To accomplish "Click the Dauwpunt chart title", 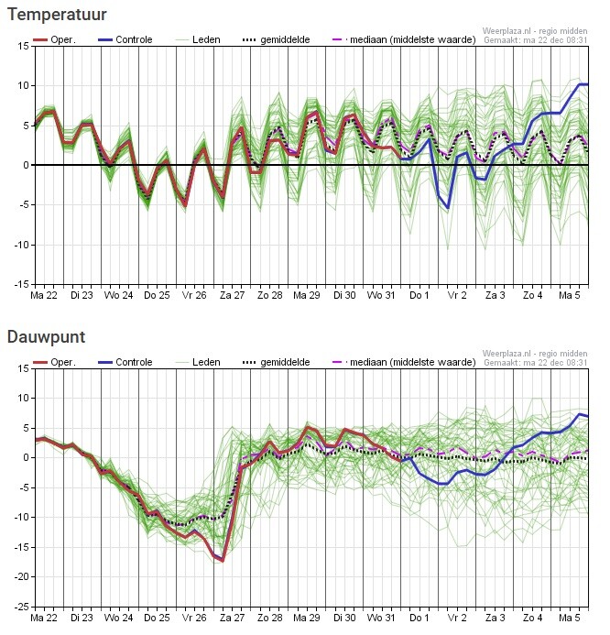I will pyautogui.click(x=47, y=337).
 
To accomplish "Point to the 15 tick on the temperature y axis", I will pyautogui.click(x=20, y=46).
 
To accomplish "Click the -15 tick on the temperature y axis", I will pyautogui.click(x=17, y=284).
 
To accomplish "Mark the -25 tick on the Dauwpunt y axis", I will pyautogui.click(x=17, y=607).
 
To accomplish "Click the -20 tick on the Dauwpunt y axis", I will pyautogui.click(x=17, y=576).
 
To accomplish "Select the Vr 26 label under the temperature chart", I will pyautogui.click(x=195, y=296).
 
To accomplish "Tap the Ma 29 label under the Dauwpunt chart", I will pyautogui.click(x=307, y=619).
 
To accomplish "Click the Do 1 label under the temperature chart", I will pyautogui.click(x=419, y=296).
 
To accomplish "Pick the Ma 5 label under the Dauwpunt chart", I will pyautogui.click(x=570, y=619).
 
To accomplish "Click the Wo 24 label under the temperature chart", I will pyautogui.click(x=119, y=296).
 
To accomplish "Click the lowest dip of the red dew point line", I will pyautogui.click(x=222, y=560).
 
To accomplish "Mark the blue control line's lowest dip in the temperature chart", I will pyautogui.click(x=449, y=209).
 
